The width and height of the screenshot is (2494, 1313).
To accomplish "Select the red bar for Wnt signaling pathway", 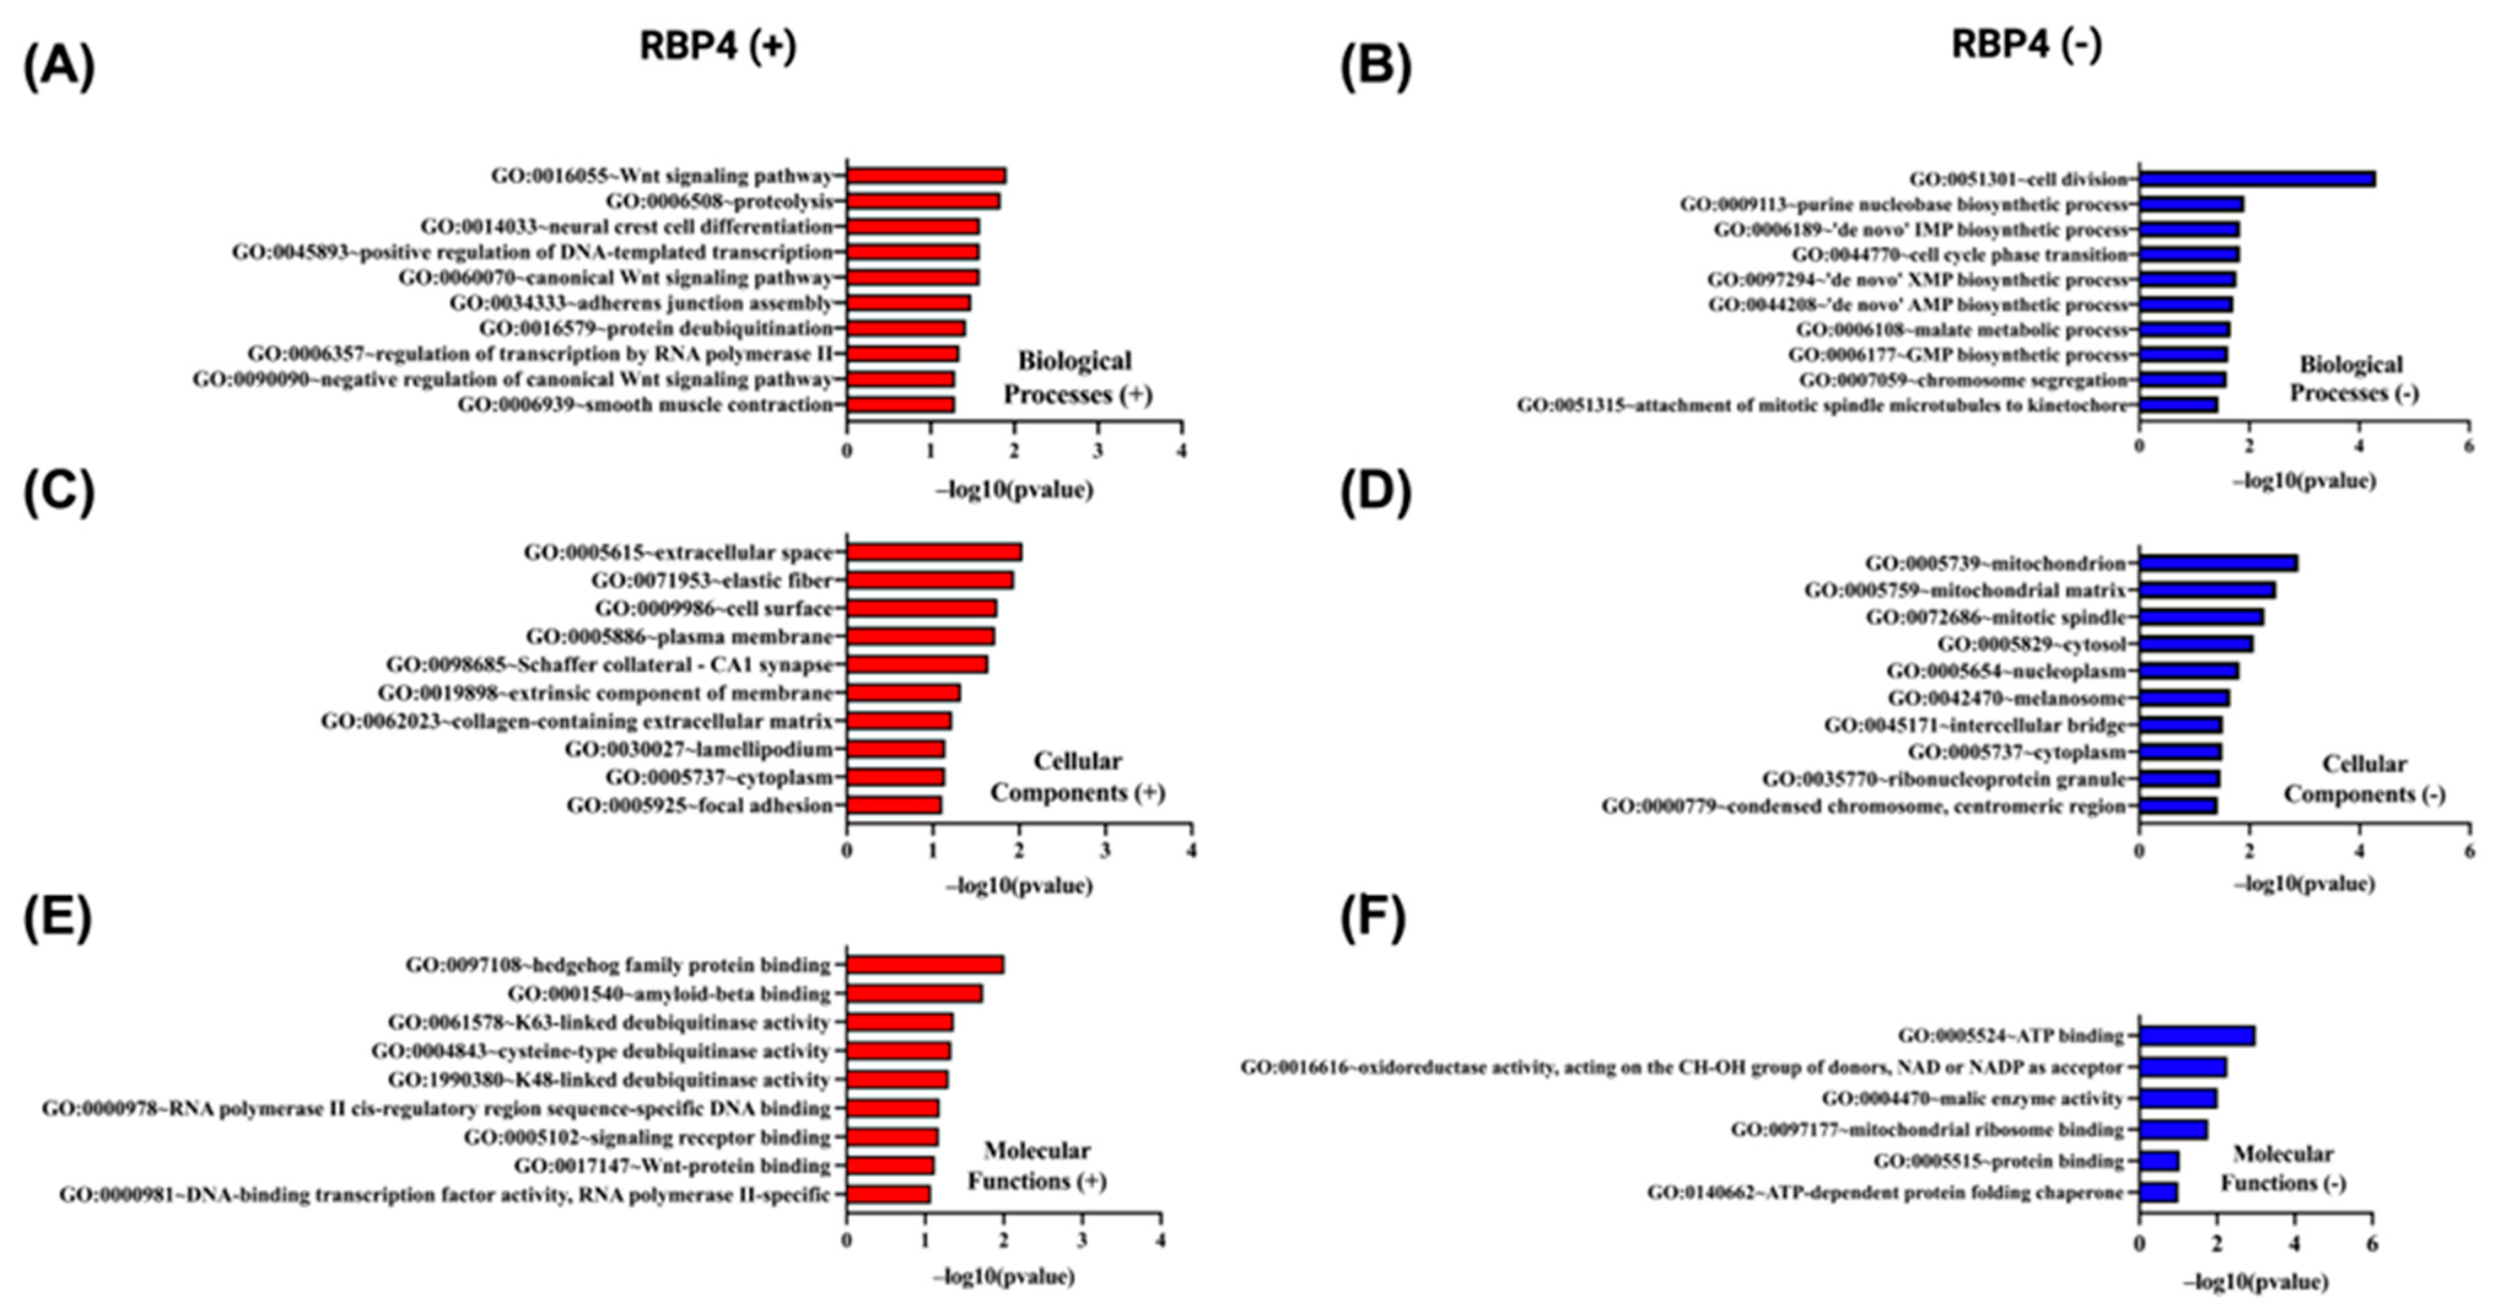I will (926, 176).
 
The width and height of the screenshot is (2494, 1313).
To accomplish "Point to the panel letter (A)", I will (59, 67).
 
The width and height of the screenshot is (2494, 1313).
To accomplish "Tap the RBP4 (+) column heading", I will (718, 45).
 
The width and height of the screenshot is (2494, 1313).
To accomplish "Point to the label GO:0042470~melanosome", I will (2006, 698).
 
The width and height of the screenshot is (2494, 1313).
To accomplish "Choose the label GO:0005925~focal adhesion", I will (699, 805).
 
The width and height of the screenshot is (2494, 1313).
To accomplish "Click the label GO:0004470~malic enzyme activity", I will (1972, 1099).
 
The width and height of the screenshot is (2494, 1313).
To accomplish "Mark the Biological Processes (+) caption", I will (1075, 378).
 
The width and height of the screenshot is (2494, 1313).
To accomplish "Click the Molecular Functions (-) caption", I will (2282, 1169).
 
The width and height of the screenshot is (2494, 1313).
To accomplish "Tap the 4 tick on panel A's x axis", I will (1181, 451).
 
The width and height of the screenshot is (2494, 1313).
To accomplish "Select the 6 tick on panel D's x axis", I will (2469, 852).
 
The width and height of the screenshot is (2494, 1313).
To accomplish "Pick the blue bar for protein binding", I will (2159, 1161).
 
